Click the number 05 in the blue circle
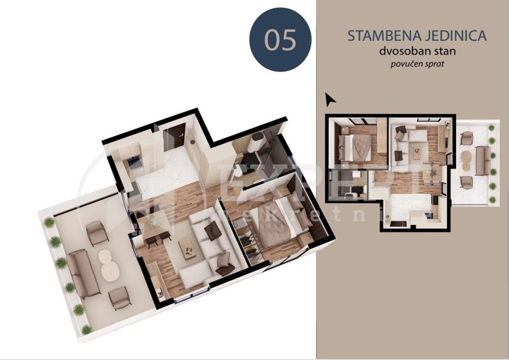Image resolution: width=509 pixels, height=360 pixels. coord(280,40)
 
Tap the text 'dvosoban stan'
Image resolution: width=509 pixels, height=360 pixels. coord(417,51)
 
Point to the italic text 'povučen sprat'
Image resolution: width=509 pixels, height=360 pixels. coord(417,64)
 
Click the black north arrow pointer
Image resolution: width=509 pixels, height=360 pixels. coord(330,99)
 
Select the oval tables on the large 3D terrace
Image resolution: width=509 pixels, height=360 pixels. coord(109,264)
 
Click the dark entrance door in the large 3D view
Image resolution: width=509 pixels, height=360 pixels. coord(176,136)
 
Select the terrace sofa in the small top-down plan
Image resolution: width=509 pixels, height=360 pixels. coord(483,160)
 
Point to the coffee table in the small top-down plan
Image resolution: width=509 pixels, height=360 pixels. coord(416,152)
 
